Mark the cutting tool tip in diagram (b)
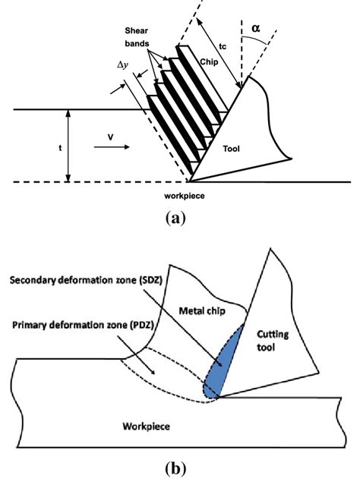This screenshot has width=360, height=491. point(220,396)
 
